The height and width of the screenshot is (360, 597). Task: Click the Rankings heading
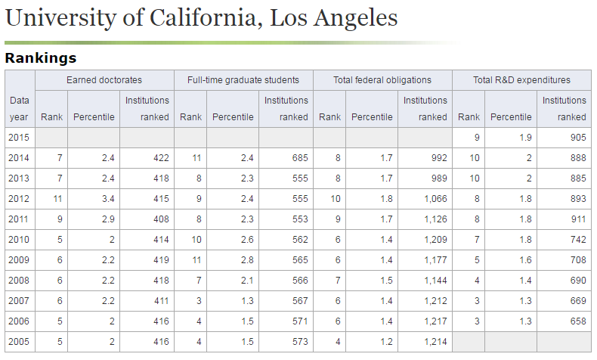click(x=40, y=57)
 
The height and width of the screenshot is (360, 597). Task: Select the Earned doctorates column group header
click(x=104, y=79)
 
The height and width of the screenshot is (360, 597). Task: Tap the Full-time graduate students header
click(x=243, y=79)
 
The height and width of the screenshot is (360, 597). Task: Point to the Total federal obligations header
click(x=382, y=79)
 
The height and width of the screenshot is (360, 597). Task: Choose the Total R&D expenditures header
click(x=521, y=79)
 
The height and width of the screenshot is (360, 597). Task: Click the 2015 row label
click(x=19, y=137)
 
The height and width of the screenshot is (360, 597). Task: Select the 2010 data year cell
click(x=19, y=239)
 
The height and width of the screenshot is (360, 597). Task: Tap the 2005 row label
click(x=19, y=341)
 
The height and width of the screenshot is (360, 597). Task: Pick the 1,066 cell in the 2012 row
click(x=434, y=198)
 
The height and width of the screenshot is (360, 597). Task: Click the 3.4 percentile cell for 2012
click(x=107, y=198)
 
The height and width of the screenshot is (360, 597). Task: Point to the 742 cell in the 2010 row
click(x=577, y=239)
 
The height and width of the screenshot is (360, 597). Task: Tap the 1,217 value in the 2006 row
click(x=434, y=321)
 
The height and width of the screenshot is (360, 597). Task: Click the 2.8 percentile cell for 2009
click(x=246, y=259)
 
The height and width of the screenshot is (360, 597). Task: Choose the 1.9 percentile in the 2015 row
click(x=524, y=137)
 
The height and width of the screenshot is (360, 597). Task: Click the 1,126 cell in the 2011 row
click(x=434, y=219)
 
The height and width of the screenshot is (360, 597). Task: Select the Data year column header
click(x=19, y=108)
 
